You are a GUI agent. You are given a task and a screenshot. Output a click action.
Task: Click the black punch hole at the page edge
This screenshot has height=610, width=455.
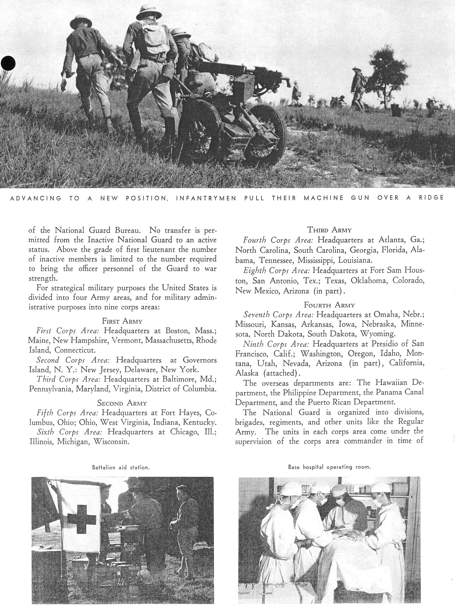(x=8, y=63)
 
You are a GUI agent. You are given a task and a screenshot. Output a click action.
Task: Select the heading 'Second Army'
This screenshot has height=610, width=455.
(x=122, y=403)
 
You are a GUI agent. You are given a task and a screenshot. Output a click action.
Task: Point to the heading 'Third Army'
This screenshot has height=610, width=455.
(x=329, y=230)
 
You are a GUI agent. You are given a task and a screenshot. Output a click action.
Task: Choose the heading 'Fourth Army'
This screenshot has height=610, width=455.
(x=329, y=305)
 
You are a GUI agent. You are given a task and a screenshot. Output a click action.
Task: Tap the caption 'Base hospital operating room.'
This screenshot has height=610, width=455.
(x=329, y=467)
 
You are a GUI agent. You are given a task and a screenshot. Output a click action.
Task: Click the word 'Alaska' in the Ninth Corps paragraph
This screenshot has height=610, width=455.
(x=247, y=373)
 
